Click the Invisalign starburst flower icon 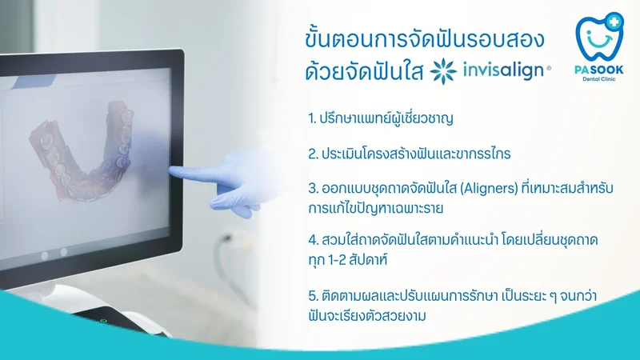[x=443, y=71]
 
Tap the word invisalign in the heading [x=503, y=70]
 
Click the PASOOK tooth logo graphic [x=599, y=36]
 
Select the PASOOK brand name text [x=598, y=70]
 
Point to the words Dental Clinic [x=598, y=78]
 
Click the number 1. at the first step [x=312, y=118]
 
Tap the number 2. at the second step [x=313, y=154]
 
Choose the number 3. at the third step [x=313, y=189]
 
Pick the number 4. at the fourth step [x=313, y=239]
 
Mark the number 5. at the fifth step [x=313, y=295]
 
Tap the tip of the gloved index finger [x=170, y=170]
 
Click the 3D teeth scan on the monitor [x=82, y=150]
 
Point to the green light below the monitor [x=104, y=321]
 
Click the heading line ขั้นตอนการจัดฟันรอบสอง [x=425, y=38]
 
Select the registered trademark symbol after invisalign [x=549, y=69]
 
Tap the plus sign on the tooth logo [x=614, y=21]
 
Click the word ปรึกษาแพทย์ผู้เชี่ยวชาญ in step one [x=386, y=118]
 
